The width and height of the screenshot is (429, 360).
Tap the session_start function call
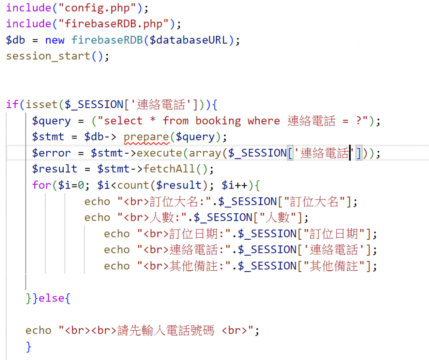(x=48, y=56)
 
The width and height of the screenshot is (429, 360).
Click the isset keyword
(x=42, y=104)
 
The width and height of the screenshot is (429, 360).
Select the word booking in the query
(x=218, y=121)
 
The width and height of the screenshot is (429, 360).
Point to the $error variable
(x=52, y=153)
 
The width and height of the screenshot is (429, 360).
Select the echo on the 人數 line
(x=97, y=217)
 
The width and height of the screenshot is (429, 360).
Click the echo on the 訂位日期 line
(x=117, y=233)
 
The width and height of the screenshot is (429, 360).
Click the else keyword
(x=52, y=298)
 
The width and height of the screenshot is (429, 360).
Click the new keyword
(x=54, y=40)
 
